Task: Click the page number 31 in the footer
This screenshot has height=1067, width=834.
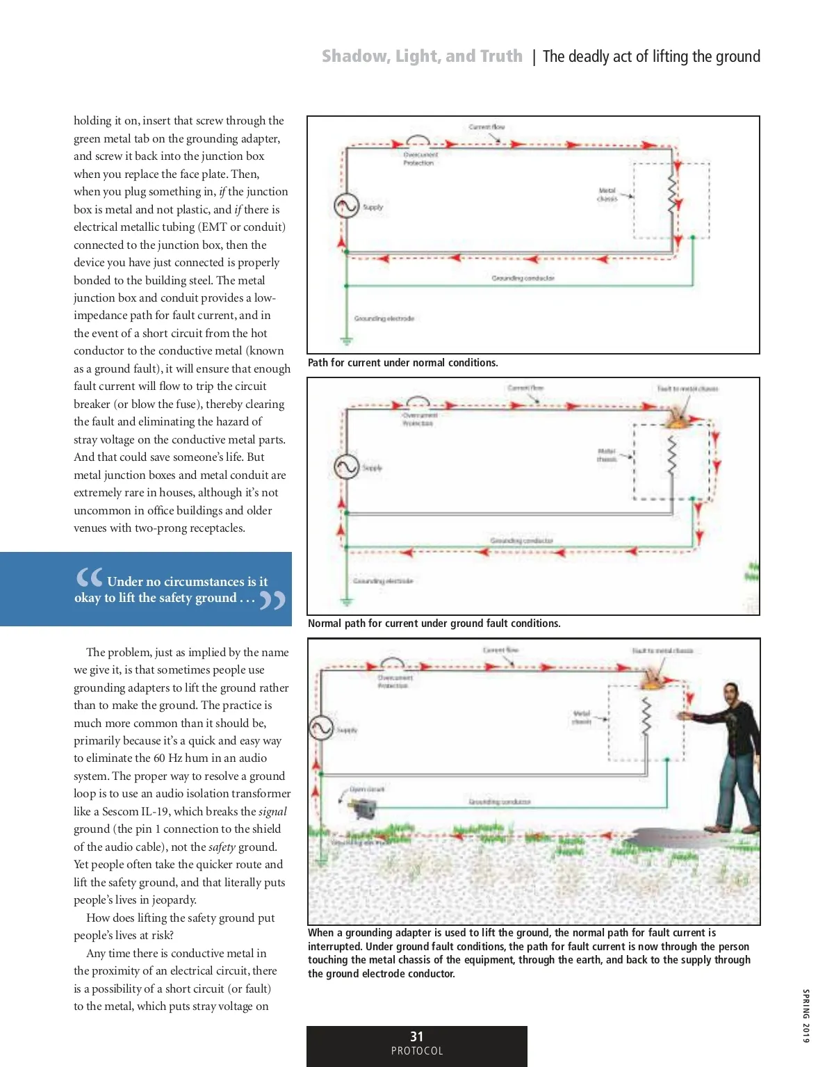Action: coord(417,1036)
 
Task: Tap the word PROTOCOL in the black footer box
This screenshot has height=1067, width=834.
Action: coord(417,1051)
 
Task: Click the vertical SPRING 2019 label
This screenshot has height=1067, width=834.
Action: coord(806,1016)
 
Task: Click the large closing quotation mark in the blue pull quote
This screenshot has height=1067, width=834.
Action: coord(272,600)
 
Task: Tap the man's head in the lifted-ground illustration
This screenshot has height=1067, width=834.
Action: coord(730,694)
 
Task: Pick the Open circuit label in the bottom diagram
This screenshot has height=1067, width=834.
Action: coord(366,790)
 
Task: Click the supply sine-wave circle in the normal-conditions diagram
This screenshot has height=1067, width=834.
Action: coord(346,206)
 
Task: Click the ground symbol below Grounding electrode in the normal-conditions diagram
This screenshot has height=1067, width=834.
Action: coord(346,341)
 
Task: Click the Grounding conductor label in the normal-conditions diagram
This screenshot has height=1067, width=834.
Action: coord(523,278)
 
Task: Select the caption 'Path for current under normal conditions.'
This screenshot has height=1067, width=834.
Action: coord(402,363)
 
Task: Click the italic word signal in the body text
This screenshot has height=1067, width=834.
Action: coord(272,811)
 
